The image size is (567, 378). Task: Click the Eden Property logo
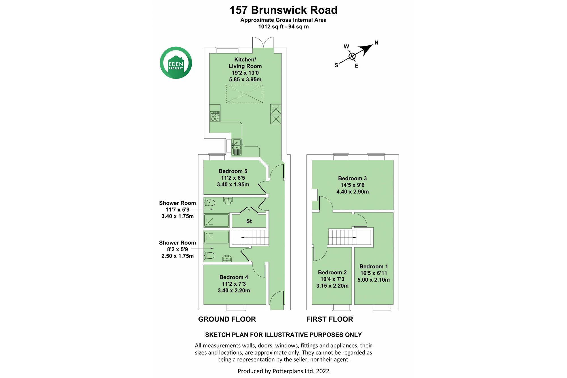coord(176,63)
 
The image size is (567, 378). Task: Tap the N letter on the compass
coord(376,43)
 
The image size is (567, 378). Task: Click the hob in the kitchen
coord(215,116)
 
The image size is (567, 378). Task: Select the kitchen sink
coord(236,147)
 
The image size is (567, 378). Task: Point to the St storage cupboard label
coord(249,221)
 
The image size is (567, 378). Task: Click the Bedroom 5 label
coord(233,171)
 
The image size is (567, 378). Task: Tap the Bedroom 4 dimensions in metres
coord(234,290)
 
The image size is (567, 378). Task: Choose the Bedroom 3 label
coord(352,178)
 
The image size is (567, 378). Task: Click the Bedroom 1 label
coord(374,266)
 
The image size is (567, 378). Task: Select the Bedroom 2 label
coord(332,272)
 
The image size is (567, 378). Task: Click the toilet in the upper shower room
coord(209,203)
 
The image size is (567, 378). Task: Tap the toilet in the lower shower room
coord(209,255)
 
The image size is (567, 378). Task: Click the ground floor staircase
coord(250,237)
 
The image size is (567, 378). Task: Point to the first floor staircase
coord(350,237)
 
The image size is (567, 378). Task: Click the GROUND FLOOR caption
coord(227,319)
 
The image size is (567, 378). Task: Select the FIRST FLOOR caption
coord(330,319)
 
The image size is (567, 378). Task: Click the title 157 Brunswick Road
coord(283,10)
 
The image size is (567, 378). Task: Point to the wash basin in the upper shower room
coord(228,201)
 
